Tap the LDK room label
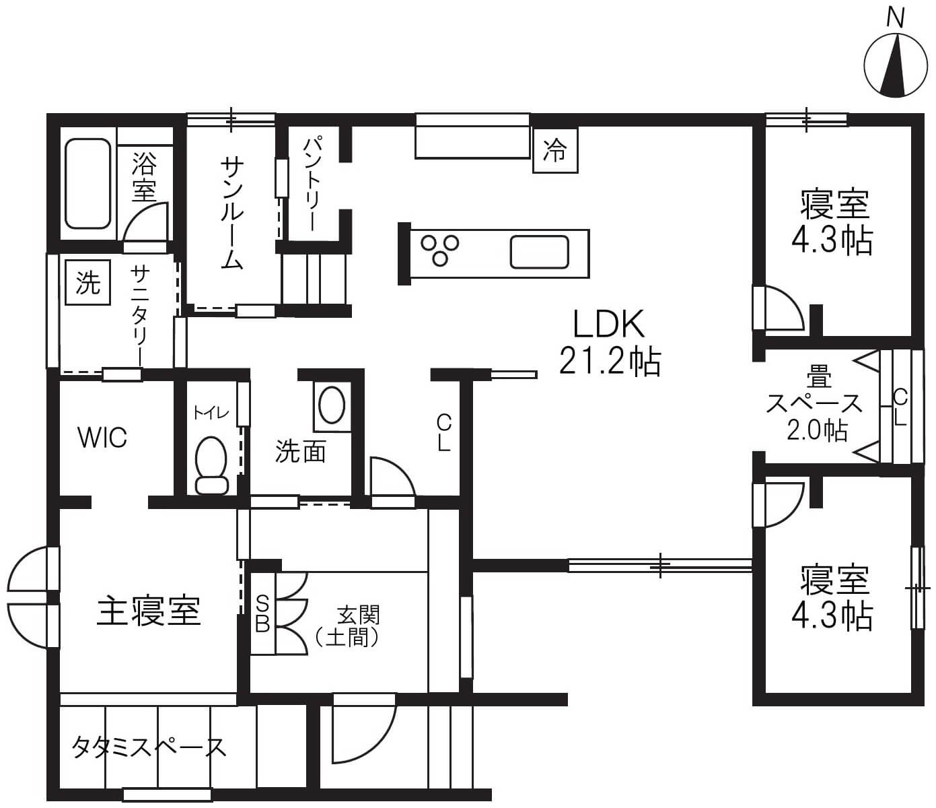pos(608,324)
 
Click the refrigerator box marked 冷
pos(555,150)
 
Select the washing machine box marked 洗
pos(88,282)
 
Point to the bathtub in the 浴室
pos(88,184)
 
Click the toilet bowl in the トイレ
pos(211,464)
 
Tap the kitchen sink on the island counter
pos(539,252)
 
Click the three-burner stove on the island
pos(439,250)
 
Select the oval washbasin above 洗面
pos(332,405)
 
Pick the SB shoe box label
pos(262,613)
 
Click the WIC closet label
pos(102,437)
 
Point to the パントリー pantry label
pos(313,184)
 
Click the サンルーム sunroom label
pos(232,213)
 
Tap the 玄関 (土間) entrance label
pos(347,626)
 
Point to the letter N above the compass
pos(895,20)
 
